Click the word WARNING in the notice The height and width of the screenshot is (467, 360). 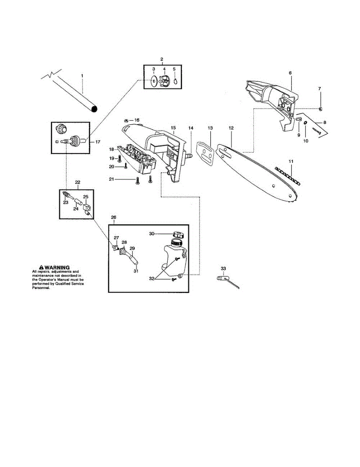57,268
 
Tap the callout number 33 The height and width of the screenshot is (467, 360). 223,269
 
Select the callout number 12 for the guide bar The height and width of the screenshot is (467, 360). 231,128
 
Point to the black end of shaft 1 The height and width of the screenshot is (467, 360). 94,109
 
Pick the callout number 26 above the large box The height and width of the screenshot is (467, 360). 114,217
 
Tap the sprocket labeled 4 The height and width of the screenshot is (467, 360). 165,82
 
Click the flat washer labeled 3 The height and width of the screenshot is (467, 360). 154,82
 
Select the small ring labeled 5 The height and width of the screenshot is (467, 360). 175,81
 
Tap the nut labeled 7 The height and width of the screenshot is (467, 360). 320,108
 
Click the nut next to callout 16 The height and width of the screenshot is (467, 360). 126,120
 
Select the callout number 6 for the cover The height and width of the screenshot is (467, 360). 290,73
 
